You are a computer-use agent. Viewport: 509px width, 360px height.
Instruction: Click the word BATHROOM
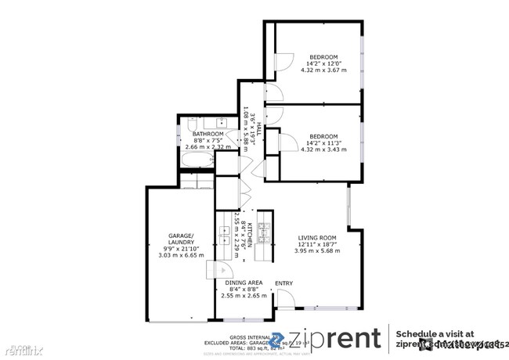208,134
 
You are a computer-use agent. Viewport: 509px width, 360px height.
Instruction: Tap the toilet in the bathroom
192,124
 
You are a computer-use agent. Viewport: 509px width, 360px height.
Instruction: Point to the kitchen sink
226,232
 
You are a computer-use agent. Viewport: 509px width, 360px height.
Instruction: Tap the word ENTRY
283,283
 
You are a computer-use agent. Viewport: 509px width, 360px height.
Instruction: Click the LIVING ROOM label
317,237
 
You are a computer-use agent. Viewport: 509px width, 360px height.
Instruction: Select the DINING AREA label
244,283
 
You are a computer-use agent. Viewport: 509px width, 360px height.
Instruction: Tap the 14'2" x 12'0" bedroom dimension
323,63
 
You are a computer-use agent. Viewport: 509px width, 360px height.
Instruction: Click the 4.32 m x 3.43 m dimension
323,148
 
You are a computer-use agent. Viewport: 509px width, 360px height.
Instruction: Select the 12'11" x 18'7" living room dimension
317,244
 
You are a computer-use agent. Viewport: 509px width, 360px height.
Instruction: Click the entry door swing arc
286,300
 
